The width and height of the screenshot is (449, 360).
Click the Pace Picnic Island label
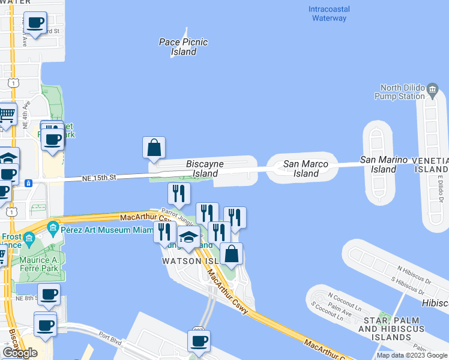click(x=183, y=47)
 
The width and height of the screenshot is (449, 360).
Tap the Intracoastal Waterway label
click(x=329, y=13)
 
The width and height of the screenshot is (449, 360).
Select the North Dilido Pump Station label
click(x=399, y=91)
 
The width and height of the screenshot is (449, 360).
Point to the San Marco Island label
click(x=306, y=169)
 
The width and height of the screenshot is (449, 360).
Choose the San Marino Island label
click(x=384, y=164)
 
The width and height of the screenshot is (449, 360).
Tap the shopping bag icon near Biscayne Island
click(x=154, y=148)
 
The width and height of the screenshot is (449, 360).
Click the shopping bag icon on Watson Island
click(x=231, y=254)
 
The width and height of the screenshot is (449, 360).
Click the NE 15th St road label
click(x=99, y=178)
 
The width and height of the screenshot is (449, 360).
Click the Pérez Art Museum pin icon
click(x=53, y=227)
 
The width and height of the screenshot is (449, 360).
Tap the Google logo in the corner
click(x=20, y=353)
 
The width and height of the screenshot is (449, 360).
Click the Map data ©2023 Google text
click(x=412, y=355)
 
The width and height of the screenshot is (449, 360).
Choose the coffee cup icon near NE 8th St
click(x=49, y=295)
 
